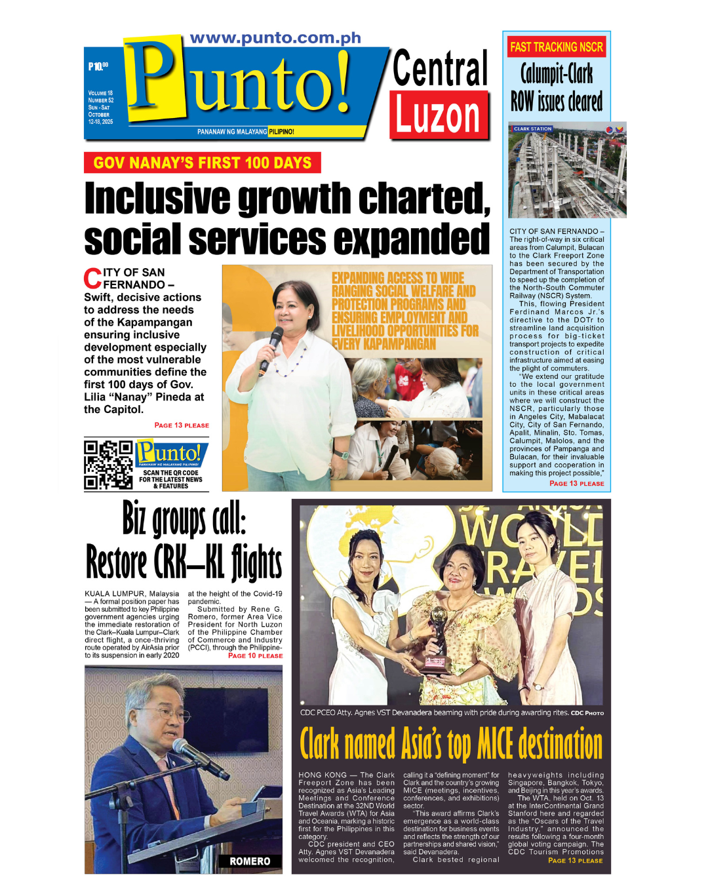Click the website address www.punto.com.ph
tap(275, 38)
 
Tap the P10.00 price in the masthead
tap(98, 66)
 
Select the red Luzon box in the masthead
tap(439, 115)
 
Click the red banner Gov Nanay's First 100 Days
tap(202, 163)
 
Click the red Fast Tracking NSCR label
tap(557, 47)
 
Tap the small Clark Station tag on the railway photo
tap(532, 129)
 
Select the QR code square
tap(108, 465)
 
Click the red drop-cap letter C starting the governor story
tap(92, 279)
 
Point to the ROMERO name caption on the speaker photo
tap(250, 861)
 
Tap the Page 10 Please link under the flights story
tap(255, 656)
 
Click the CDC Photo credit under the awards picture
tap(587, 713)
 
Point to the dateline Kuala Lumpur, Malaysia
tap(132, 594)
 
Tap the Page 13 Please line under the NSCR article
tap(576, 483)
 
